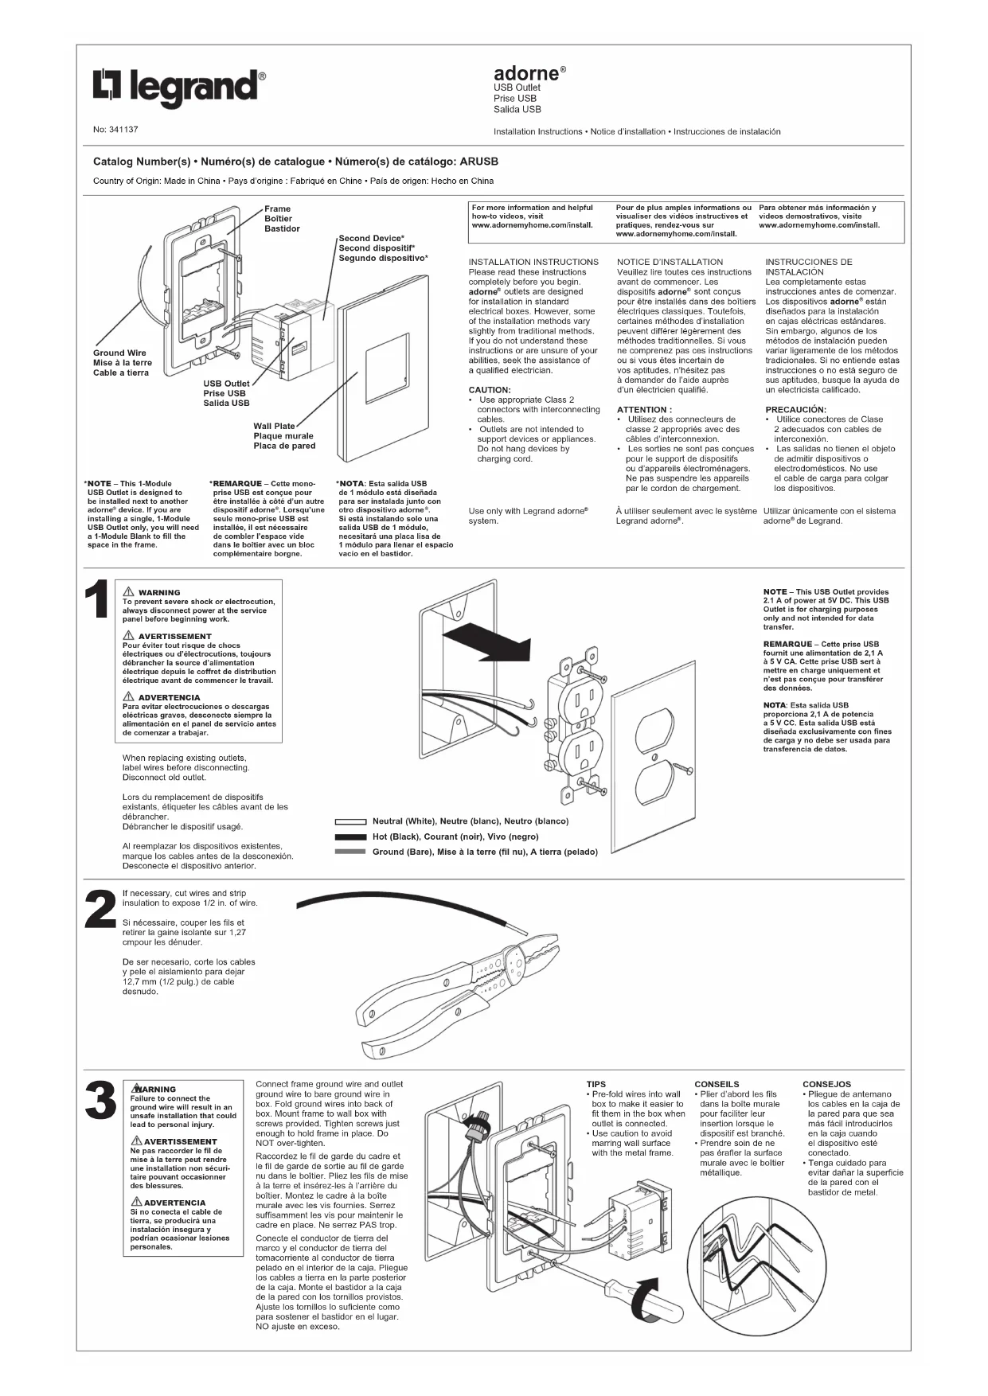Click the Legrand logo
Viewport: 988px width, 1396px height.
[179, 87]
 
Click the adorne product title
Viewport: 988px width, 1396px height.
[526, 73]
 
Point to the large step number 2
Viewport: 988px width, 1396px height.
[100, 909]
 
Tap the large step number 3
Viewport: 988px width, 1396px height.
[100, 1102]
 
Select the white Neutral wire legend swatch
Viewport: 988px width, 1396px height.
[350, 821]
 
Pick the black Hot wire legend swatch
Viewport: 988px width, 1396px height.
[350, 837]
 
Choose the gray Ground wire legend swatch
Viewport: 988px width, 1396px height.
[350, 852]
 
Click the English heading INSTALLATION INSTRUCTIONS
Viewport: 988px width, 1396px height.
[533, 262]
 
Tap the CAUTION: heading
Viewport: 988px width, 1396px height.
[490, 390]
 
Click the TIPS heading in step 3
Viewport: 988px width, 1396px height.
[596, 1084]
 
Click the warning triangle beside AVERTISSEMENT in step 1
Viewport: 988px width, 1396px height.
[128, 636]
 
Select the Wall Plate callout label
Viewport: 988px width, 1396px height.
[274, 427]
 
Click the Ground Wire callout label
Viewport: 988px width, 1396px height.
[119, 353]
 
